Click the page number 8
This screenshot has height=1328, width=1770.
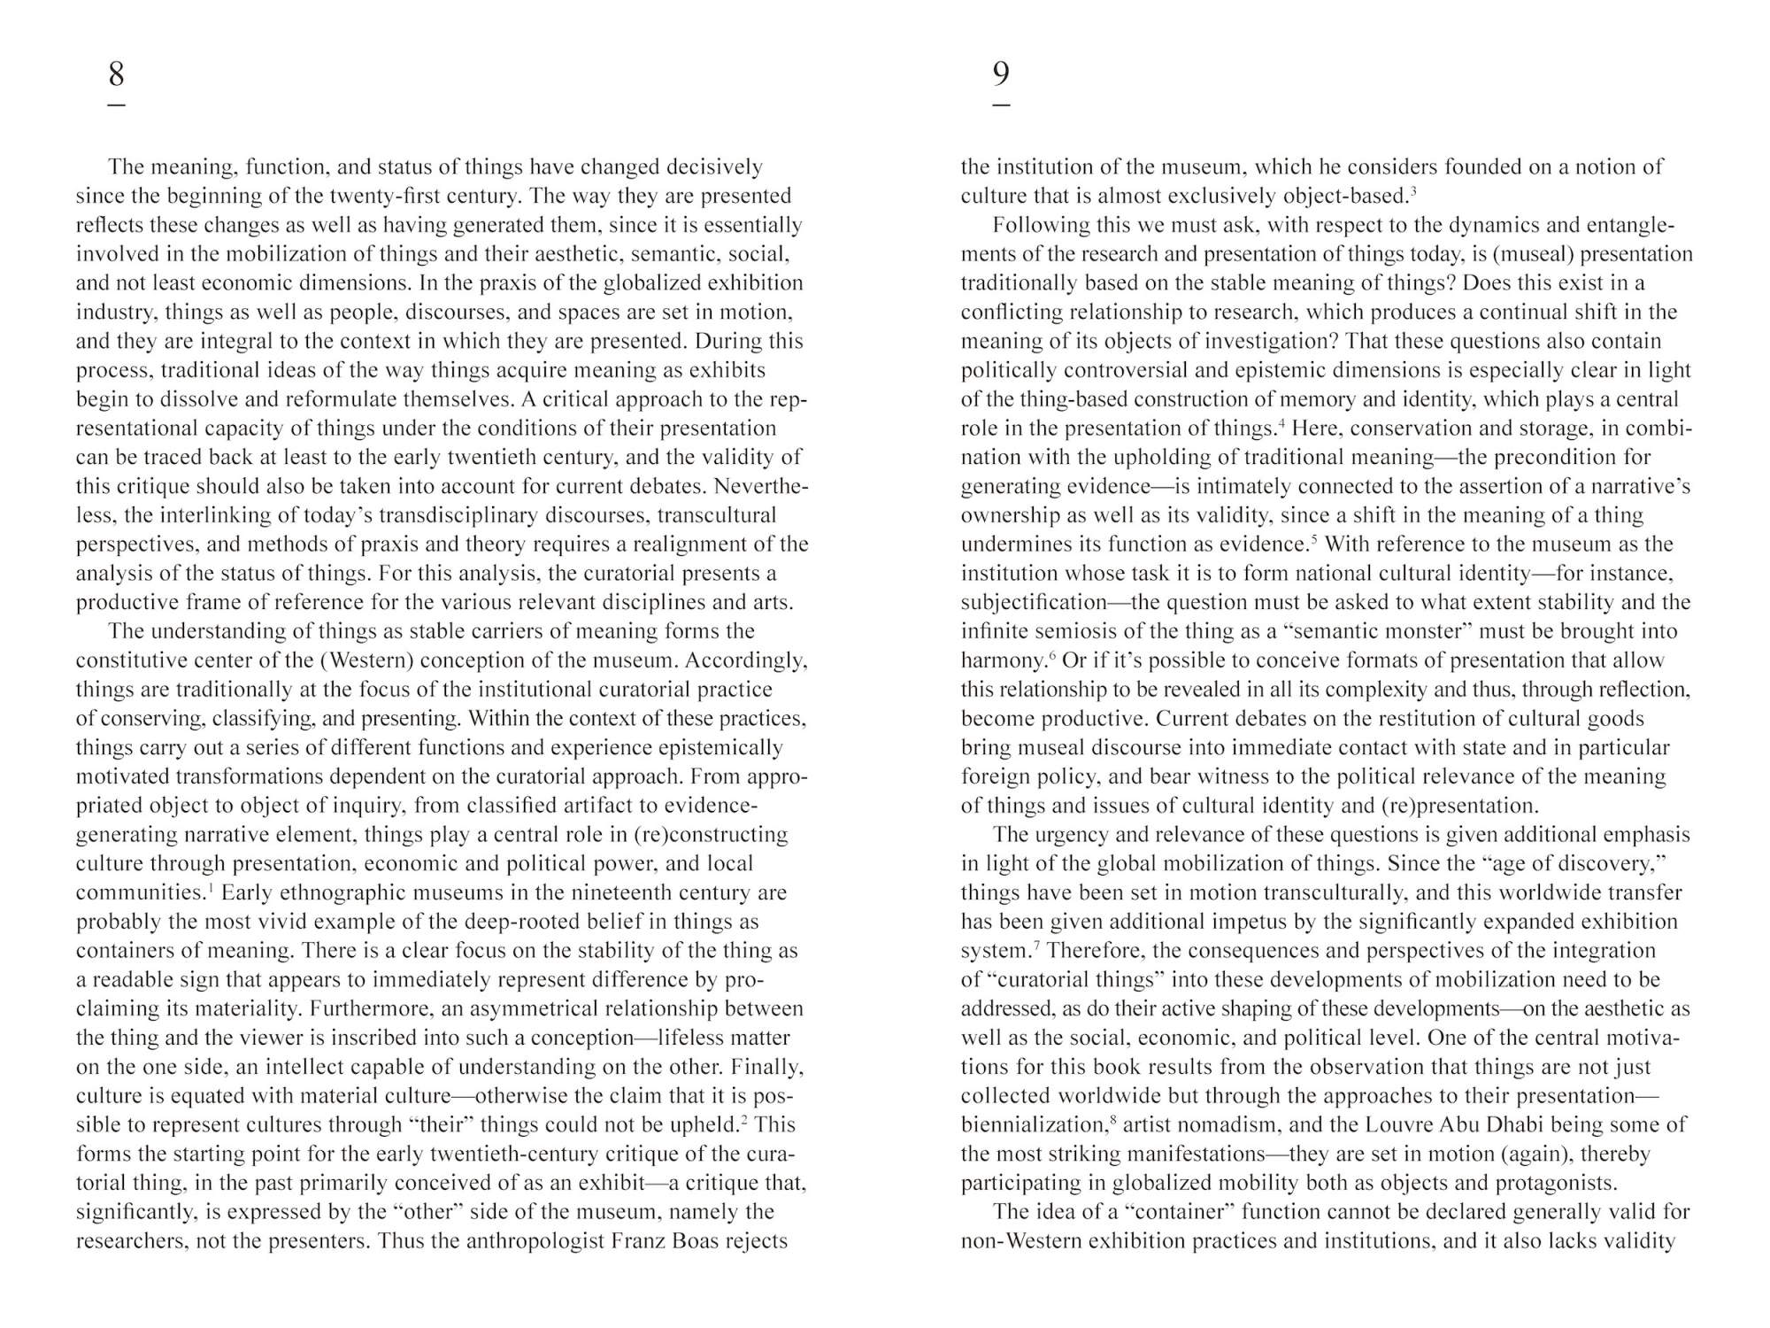[116, 73]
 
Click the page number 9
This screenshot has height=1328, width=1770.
[1001, 73]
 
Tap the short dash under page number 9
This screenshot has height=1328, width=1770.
[1001, 105]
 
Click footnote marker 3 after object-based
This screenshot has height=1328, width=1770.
[1413, 190]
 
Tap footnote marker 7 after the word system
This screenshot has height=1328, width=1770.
[1036, 945]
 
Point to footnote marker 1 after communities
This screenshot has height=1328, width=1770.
[209, 887]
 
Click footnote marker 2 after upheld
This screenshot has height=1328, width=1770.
[744, 1119]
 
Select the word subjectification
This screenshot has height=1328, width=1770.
[1034, 602]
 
